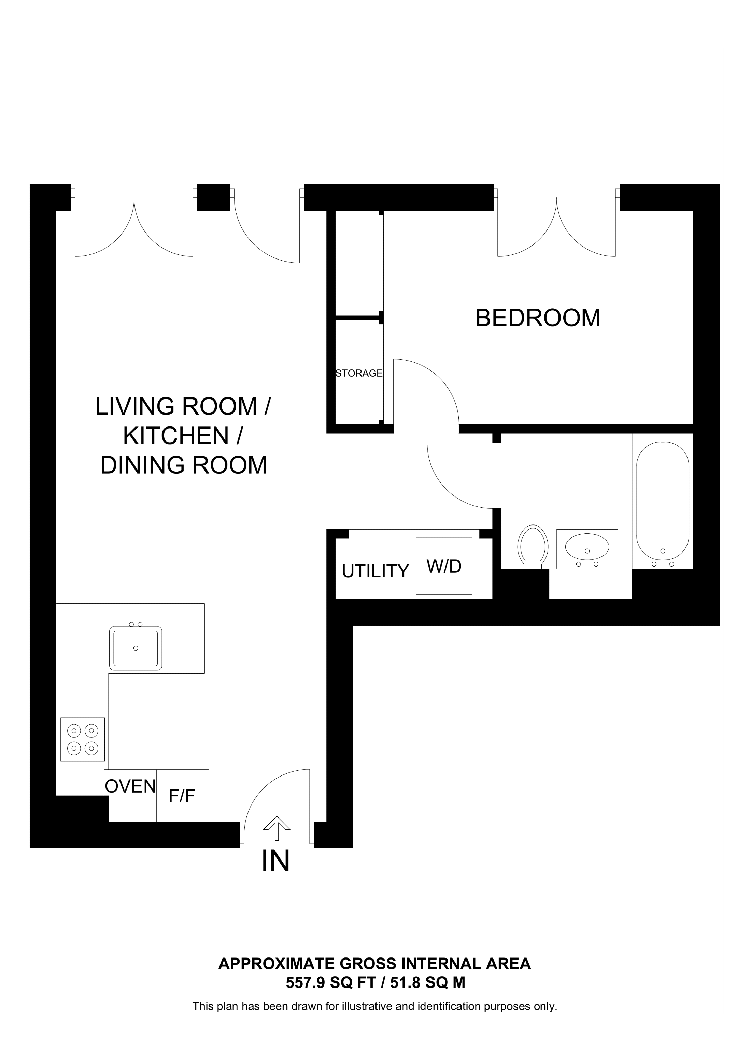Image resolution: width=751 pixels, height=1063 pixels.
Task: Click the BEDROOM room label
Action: (537, 319)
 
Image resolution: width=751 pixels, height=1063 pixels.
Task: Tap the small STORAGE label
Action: (359, 373)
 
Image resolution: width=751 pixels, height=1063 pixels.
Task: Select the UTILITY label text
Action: (375, 571)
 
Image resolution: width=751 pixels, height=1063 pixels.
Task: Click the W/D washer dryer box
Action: (444, 566)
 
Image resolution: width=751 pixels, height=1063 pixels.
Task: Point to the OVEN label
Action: (130, 786)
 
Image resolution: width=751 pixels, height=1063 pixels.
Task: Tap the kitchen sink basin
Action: (136, 648)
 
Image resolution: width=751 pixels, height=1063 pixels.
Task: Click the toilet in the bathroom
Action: (533, 545)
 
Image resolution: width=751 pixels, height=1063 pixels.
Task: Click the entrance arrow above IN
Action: (277, 829)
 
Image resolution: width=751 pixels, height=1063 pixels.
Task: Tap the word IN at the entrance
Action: (276, 861)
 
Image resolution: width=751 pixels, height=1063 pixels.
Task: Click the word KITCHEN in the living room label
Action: (176, 436)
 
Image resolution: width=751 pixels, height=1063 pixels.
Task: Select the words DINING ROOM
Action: (184, 465)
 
